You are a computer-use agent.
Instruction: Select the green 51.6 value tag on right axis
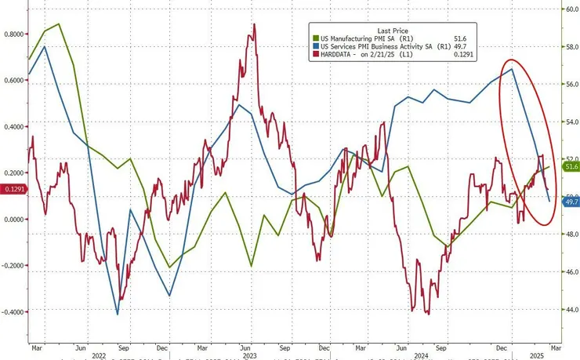[x=571, y=166]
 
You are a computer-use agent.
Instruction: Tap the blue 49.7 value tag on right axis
[x=571, y=202]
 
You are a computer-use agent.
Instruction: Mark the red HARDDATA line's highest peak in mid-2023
[x=254, y=24]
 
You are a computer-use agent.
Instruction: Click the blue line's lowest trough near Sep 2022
[x=118, y=315]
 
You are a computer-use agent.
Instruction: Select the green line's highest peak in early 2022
[x=59, y=24]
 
